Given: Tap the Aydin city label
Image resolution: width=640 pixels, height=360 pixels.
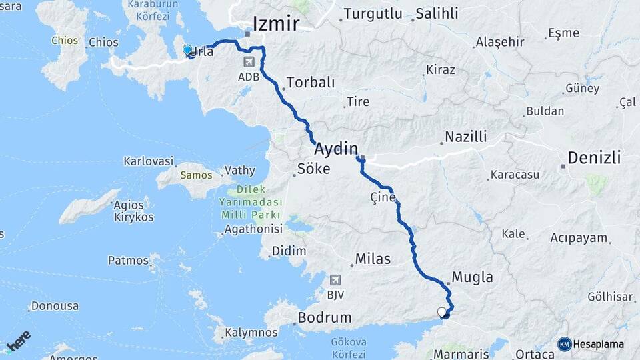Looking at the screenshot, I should (336, 148).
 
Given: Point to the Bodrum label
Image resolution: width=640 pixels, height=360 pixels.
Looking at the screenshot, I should (324, 318).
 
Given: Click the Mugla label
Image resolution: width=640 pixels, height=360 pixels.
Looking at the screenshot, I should (472, 277).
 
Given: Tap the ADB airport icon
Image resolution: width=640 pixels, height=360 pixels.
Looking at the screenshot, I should (249, 63).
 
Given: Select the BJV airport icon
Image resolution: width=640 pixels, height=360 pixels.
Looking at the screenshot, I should (334, 279).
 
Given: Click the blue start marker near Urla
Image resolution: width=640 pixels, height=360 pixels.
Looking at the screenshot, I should (187, 50).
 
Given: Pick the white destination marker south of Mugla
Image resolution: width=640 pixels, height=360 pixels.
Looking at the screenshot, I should (441, 311).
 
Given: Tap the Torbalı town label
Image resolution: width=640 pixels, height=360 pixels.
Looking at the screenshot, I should (309, 83).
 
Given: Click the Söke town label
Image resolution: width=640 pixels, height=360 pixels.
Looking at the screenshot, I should (312, 169).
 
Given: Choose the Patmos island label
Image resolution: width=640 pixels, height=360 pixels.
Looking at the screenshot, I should (128, 260).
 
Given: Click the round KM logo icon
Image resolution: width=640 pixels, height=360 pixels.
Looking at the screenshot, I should (564, 344).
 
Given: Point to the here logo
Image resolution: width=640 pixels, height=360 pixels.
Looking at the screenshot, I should (18, 341).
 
